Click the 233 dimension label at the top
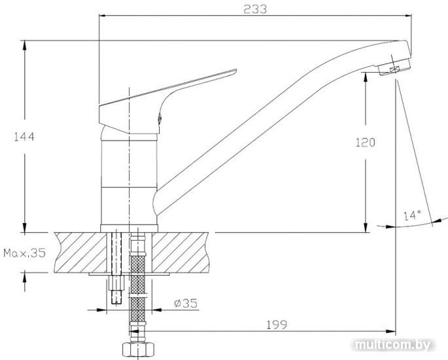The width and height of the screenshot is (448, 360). tap(255, 9)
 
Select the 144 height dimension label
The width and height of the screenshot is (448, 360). tap(24, 137)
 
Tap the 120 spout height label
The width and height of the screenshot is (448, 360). tap(365, 143)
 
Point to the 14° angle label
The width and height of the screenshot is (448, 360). tap(412, 215)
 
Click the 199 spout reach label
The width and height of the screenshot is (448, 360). tap(276, 325)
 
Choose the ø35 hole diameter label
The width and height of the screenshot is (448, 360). tap(186, 303)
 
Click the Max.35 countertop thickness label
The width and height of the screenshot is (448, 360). tap(25, 253)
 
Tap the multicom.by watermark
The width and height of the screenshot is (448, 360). tap(392, 345)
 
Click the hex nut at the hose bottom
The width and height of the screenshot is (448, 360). tap(138, 350)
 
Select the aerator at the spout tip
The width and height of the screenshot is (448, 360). tap(394, 67)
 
